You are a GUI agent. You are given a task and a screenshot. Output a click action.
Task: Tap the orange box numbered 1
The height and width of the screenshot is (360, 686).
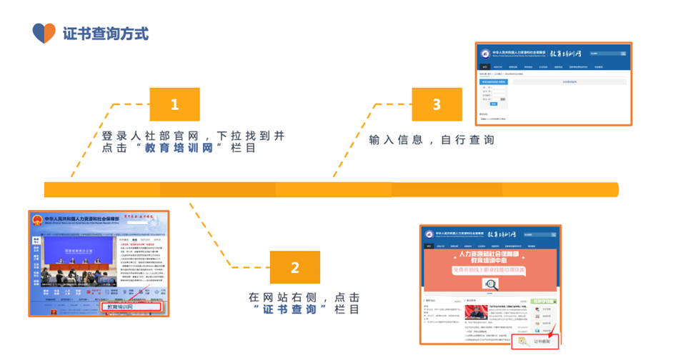click(174, 105)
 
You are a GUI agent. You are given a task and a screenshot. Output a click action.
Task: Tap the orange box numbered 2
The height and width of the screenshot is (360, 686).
click(295, 268)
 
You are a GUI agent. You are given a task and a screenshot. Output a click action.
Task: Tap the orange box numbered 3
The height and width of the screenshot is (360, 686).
click(437, 105)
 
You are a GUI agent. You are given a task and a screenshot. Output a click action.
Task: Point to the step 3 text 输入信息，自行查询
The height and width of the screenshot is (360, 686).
click(432, 140)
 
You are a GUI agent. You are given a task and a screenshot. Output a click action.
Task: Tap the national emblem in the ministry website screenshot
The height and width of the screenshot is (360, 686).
click(36, 221)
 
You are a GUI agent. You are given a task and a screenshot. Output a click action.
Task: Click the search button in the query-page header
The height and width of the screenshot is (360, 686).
click(623, 54)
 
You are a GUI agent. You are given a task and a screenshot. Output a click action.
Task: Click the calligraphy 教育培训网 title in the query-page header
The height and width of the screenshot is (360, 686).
click(565, 54)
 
